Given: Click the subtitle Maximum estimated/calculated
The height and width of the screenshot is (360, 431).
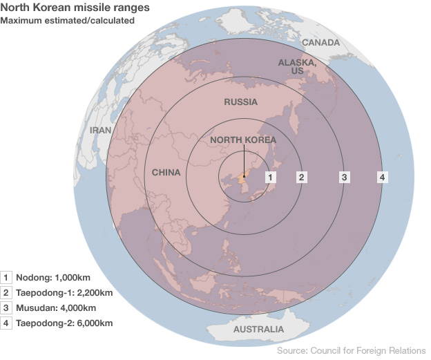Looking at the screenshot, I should point(67,21).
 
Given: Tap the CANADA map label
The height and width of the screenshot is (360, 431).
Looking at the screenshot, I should point(320,43).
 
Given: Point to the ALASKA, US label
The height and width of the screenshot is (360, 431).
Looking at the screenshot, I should point(297,66).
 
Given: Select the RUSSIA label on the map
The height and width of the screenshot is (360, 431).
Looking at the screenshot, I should point(240,102).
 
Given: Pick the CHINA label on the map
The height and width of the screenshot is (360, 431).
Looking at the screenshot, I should point(166,172).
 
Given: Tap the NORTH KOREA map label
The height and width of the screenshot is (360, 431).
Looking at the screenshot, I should point(242,140).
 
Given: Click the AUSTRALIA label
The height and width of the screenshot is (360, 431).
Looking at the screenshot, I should point(258,329).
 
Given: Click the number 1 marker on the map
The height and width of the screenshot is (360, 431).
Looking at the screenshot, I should point(271,177).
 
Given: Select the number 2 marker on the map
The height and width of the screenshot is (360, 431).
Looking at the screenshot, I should point(301,177).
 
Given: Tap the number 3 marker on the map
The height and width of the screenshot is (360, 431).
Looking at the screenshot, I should point(343,177).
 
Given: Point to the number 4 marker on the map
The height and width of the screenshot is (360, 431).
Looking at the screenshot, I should point(382,177).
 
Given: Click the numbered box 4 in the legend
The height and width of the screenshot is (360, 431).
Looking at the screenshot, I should point(7,323).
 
